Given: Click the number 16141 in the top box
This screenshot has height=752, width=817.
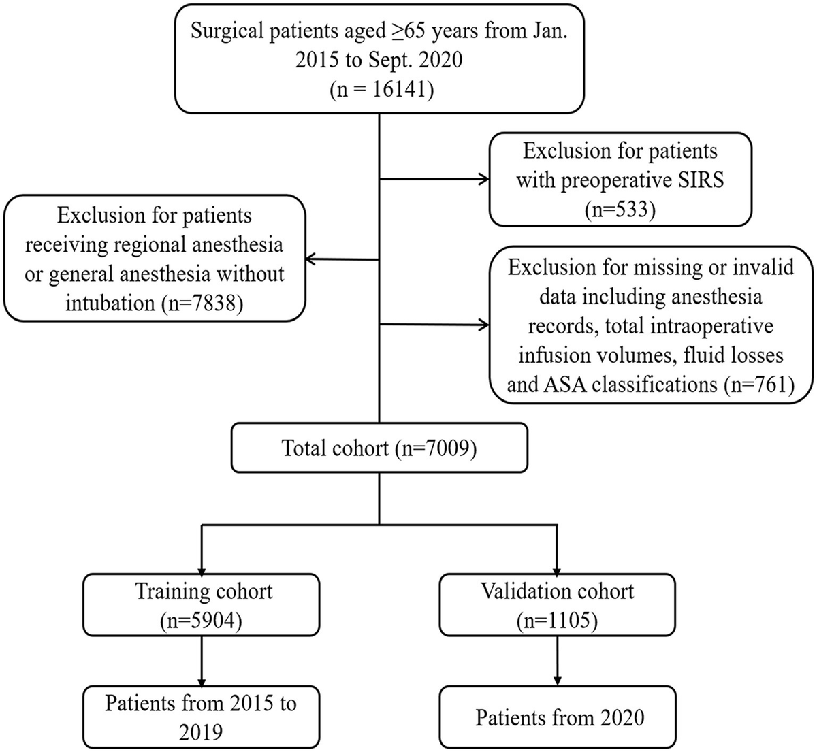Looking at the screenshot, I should tap(393, 90).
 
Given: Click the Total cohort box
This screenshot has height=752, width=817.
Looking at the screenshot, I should tap(379, 448).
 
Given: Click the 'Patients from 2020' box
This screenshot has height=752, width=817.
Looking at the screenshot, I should tap(558, 717).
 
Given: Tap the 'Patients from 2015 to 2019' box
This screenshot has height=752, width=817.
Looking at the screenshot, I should tap(202, 717).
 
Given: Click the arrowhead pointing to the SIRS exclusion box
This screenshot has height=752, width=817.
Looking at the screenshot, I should tap(484, 180).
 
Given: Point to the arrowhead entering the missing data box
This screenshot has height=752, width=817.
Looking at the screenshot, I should tap(484, 325).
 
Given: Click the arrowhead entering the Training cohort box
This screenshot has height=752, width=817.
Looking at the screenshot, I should tap(202, 568).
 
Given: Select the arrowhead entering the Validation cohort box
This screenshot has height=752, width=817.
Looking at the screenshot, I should tap(557, 568).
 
